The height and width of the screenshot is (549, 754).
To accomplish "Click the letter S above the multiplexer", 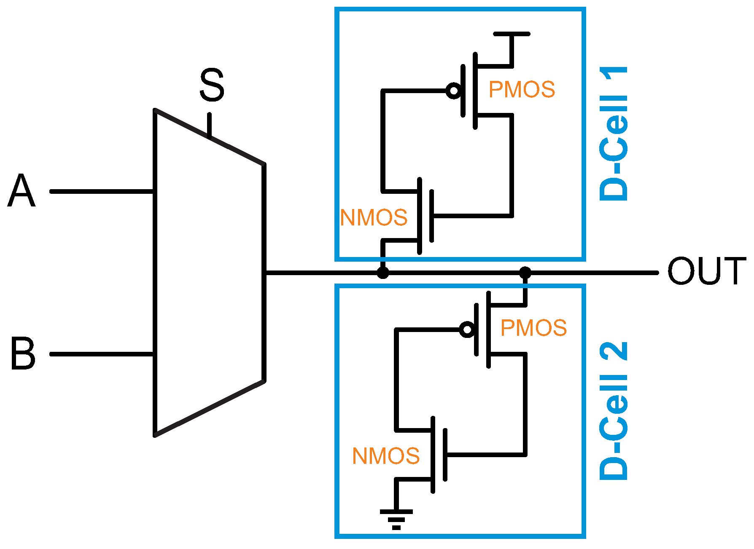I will pyautogui.click(x=212, y=86).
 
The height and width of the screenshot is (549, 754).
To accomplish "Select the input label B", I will pyautogui.click(x=23, y=354).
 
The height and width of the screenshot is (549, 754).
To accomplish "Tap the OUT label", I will pyautogui.click(x=706, y=271).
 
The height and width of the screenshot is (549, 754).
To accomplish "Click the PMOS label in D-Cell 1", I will pyautogui.click(x=522, y=90).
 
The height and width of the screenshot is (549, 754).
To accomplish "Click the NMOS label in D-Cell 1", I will pyautogui.click(x=374, y=218).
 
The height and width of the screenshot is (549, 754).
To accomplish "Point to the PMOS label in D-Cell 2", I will pyautogui.click(x=533, y=328).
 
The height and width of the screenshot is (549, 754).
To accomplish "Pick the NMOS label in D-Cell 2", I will pyautogui.click(x=385, y=456).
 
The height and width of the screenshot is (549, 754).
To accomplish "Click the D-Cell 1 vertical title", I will pyautogui.click(x=614, y=134).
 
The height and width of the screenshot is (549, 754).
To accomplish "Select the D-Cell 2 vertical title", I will pyautogui.click(x=614, y=411).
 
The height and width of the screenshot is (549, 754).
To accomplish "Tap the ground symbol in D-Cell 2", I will pyautogui.click(x=396, y=519).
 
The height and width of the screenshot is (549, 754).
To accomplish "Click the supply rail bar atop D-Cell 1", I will pyautogui.click(x=512, y=33).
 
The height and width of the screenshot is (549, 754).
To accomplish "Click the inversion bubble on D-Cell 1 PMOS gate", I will pyautogui.click(x=453, y=91).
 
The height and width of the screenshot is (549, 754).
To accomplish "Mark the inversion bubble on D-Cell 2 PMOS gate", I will pyautogui.click(x=467, y=329).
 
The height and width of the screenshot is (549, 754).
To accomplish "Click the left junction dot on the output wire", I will pyautogui.click(x=382, y=273).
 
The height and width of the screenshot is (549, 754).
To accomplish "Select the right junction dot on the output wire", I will pyautogui.click(x=525, y=273).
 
